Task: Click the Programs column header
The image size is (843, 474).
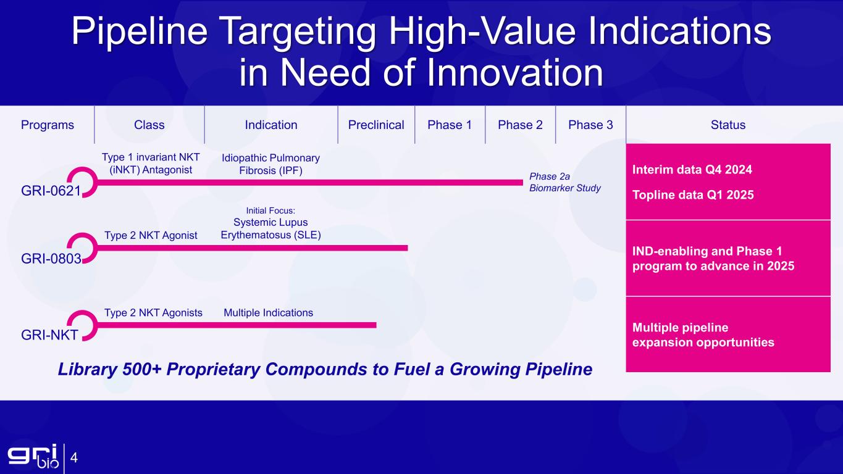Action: pyautogui.click(x=48, y=125)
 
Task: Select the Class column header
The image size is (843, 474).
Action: pyautogui.click(x=149, y=125)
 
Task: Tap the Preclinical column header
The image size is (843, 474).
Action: pyautogui.click(x=376, y=125)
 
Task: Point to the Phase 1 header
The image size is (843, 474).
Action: pyautogui.click(x=450, y=125)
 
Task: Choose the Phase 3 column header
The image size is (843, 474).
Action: pyautogui.click(x=590, y=125)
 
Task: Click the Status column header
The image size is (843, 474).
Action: pyautogui.click(x=728, y=125)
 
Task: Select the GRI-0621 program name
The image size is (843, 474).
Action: pyautogui.click(x=51, y=191)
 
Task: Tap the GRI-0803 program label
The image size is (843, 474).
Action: pyautogui.click(x=51, y=259)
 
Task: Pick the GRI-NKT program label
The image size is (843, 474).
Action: pyautogui.click(x=49, y=335)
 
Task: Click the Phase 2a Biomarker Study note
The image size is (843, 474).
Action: pyautogui.click(x=565, y=182)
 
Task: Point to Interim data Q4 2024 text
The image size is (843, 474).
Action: pyautogui.click(x=692, y=170)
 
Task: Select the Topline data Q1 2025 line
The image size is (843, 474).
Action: pyautogui.click(x=693, y=195)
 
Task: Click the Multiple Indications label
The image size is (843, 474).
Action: pyautogui.click(x=268, y=313)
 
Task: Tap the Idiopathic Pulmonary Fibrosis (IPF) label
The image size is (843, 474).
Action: pyautogui.click(x=271, y=164)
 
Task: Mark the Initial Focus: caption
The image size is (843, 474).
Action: pyautogui.click(x=271, y=210)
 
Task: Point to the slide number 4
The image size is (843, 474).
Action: pyautogui.click(x=73, y=458)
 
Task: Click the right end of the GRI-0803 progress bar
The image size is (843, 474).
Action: pyautogui.click(x=407, y=248)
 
